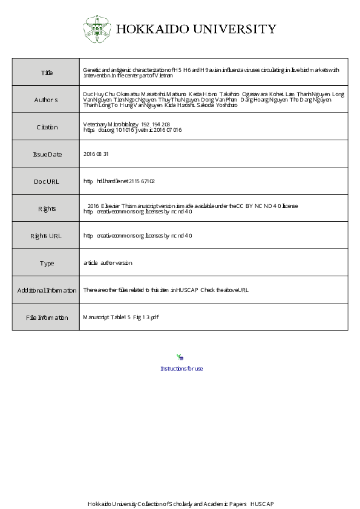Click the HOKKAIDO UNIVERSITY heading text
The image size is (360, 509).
tap(196, 29)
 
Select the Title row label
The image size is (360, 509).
tap(47, 73)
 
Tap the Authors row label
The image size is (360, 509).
tap(46, 100)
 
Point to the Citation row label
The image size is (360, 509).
tap(47, 127)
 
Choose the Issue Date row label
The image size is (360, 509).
tap(47, 154)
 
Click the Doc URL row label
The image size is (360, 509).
tap(47, 181)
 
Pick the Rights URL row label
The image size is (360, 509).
tap(46, 236)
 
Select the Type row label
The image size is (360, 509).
tap(47, 263)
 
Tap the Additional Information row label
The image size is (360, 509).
tap(47, 290)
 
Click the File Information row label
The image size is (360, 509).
tap(47, 317)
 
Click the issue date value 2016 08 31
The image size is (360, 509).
tap(96, 154)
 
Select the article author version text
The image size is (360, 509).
tap(108, 263)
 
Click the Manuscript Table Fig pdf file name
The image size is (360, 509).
tap(120, 317)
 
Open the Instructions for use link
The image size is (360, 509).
tap(182, 369)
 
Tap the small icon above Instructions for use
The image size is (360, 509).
tap(180, 358)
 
